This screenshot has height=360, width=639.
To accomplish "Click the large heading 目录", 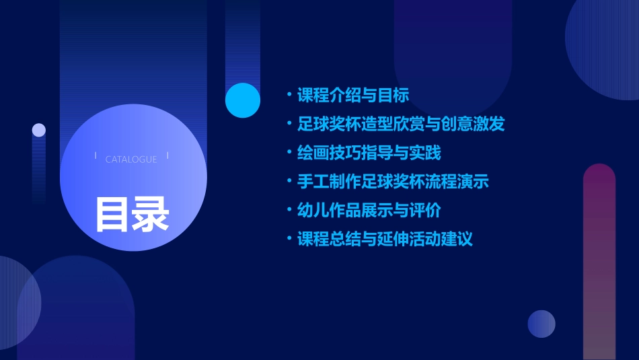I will (133, 214).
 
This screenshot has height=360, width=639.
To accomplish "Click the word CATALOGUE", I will (131, 159).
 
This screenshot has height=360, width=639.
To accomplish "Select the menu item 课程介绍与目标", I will (353, 96).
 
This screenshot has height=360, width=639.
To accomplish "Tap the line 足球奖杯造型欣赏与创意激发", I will (401, 124).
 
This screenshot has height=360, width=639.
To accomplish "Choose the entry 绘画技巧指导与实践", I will (369, 153).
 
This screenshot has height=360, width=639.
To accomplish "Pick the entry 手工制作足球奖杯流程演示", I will (393, 182).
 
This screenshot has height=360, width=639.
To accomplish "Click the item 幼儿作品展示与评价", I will (369, 211).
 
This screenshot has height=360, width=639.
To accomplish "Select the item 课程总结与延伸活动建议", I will (385, 240).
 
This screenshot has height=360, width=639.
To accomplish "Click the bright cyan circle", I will (243, 100).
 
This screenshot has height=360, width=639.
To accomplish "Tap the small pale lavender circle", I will (39, 130).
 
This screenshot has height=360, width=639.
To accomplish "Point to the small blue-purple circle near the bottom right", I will (541, 324).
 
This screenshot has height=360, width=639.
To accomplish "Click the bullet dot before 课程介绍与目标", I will (289, 96).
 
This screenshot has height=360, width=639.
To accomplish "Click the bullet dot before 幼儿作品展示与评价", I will (289, 211).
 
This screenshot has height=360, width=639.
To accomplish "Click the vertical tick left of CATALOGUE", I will (96, 156).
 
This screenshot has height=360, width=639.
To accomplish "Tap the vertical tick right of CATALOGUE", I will (167, 156).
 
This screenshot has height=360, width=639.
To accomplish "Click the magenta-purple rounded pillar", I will (599, 262).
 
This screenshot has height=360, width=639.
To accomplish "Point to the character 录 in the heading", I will (151, 214).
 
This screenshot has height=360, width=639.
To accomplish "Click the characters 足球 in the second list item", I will (313, 124).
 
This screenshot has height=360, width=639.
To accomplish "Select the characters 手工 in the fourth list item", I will (313, 182).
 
